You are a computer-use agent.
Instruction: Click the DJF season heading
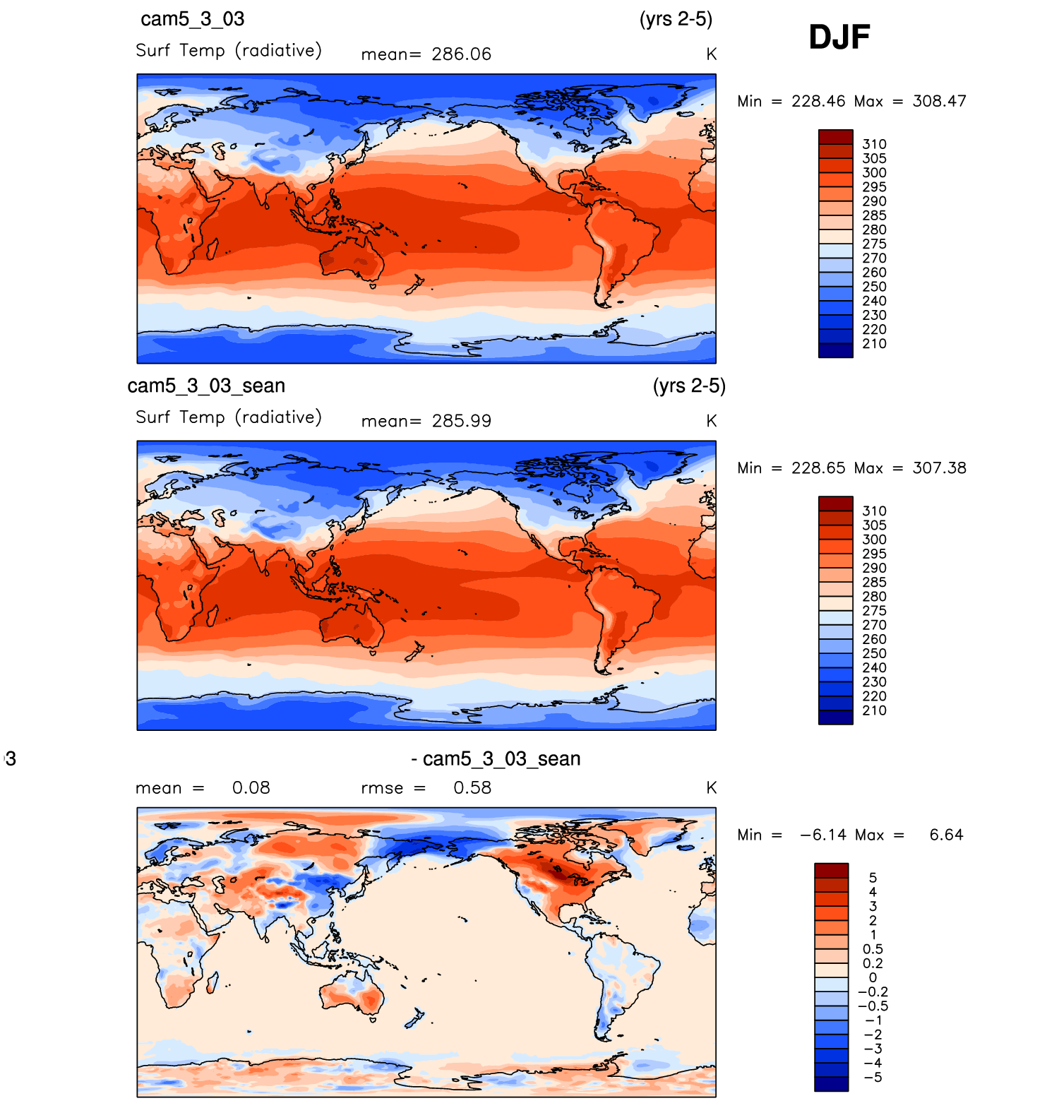(839, 37)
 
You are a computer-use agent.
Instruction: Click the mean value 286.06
(461, 54)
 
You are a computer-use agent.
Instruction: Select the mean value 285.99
(461, 421)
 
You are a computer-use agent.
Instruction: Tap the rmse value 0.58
(472, 788)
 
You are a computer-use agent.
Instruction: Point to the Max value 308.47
(939, 101)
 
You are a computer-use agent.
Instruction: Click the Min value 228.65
(818, 468)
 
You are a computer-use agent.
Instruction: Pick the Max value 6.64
(946, 835)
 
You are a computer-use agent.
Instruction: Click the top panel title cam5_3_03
(192, 19)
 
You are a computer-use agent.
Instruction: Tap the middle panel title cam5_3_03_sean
(206, 386)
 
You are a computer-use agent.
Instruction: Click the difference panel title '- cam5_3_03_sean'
(496, 759)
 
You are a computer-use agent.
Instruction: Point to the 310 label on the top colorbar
(874, 144)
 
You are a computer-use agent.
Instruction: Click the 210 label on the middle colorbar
(874, 710)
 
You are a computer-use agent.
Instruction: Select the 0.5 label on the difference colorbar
(873, 949)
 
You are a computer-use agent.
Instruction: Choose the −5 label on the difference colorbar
(873, 1077)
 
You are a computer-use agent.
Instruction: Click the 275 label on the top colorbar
(874, 244)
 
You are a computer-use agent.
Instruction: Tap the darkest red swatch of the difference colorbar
(831, 870)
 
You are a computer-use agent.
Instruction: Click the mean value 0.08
(251, 788)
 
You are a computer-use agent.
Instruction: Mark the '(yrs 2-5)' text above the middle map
(689, 386)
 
